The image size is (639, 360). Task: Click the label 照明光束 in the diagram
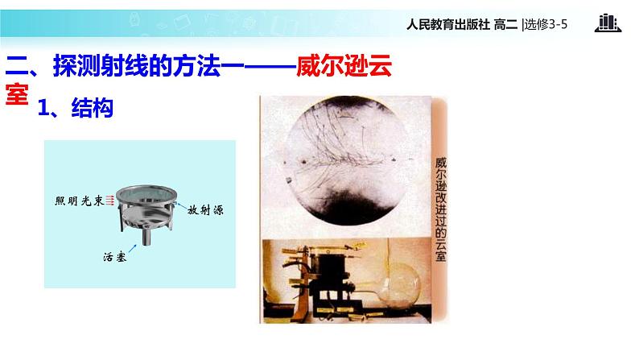(x=80, y=201)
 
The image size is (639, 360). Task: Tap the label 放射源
(x=206, y=210)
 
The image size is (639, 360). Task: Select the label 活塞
(x=115, y=257)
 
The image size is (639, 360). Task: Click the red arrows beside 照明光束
(x=109, y=201)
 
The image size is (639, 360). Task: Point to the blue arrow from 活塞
(x=133, y=248)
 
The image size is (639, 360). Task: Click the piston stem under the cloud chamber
(x=146, y=238)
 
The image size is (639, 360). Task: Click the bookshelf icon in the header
(x=608, y=23)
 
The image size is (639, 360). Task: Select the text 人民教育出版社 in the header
(x=448, y=25)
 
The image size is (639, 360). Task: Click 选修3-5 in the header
(x=546, y=25)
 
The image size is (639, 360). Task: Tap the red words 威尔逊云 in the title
(x=344, y=66)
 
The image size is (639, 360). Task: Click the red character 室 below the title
(x=17, y=94)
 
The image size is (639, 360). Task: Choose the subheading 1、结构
(x=76, y=108)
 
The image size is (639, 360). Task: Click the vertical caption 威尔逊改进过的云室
(x=440, y=209)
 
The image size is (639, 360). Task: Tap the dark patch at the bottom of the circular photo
(x=345, y=206)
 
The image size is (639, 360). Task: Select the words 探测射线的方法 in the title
(x=137, y=66)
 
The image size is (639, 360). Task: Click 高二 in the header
(x=505, y=25)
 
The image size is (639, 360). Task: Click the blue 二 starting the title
(x=17, y=66)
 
